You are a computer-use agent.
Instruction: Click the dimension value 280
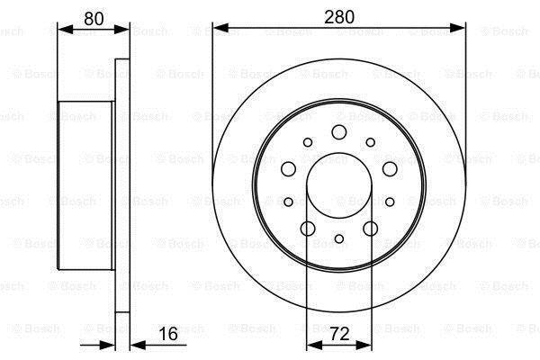click(339, 17)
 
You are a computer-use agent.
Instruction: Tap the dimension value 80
click(94, 19)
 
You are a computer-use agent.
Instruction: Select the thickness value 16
click(168, 334)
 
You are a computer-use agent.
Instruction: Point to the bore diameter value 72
click(339, 334)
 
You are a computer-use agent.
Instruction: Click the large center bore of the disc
click(339, 185)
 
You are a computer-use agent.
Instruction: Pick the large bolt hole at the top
click(339, 132)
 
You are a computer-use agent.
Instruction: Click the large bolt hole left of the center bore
click(289, 169)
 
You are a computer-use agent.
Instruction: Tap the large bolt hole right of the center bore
click(390, 169)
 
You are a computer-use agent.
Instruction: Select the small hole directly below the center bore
click(339, 238)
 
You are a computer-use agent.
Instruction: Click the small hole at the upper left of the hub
click(308, 142)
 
